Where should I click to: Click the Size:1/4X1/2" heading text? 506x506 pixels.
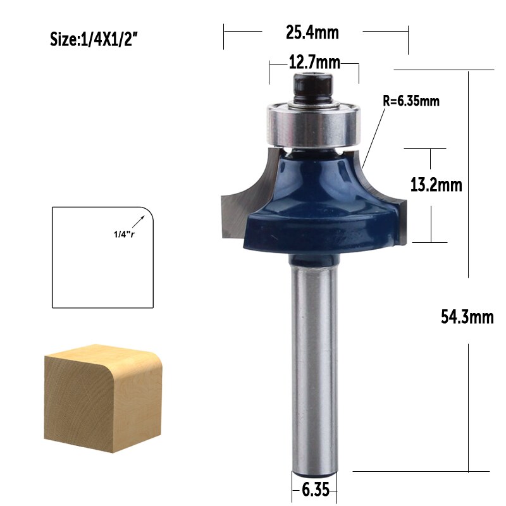tap(94, 39)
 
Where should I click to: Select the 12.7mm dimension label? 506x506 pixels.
tap(314, 63)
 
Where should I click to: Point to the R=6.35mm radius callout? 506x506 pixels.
tap(411, 100)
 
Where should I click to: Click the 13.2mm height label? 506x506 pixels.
tap(436, 185)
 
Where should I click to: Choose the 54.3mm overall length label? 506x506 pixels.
tap(467, 316)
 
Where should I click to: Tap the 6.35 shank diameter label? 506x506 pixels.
tap(314, 490)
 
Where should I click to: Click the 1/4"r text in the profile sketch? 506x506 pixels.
tap(124, 235)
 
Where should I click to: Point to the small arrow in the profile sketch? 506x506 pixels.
tap(140, 221)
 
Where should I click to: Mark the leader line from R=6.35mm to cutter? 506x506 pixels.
tap(376, 136)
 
